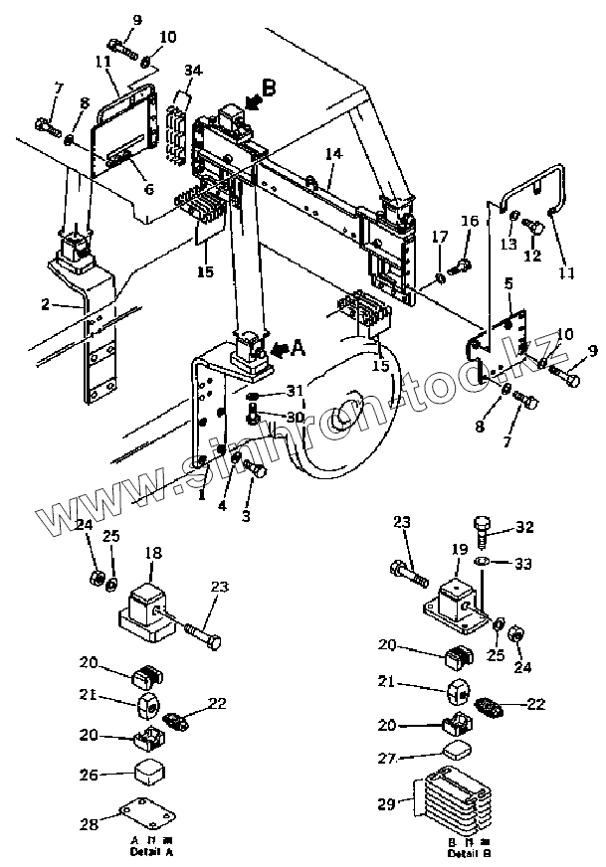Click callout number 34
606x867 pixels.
pos(193,71)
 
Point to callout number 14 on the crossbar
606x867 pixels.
pos(333,154)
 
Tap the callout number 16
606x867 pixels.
pos(469,221)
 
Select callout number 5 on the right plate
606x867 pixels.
pos(507,283)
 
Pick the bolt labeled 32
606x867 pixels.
pos(484,529)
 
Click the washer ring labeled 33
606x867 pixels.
pos(484,563)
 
